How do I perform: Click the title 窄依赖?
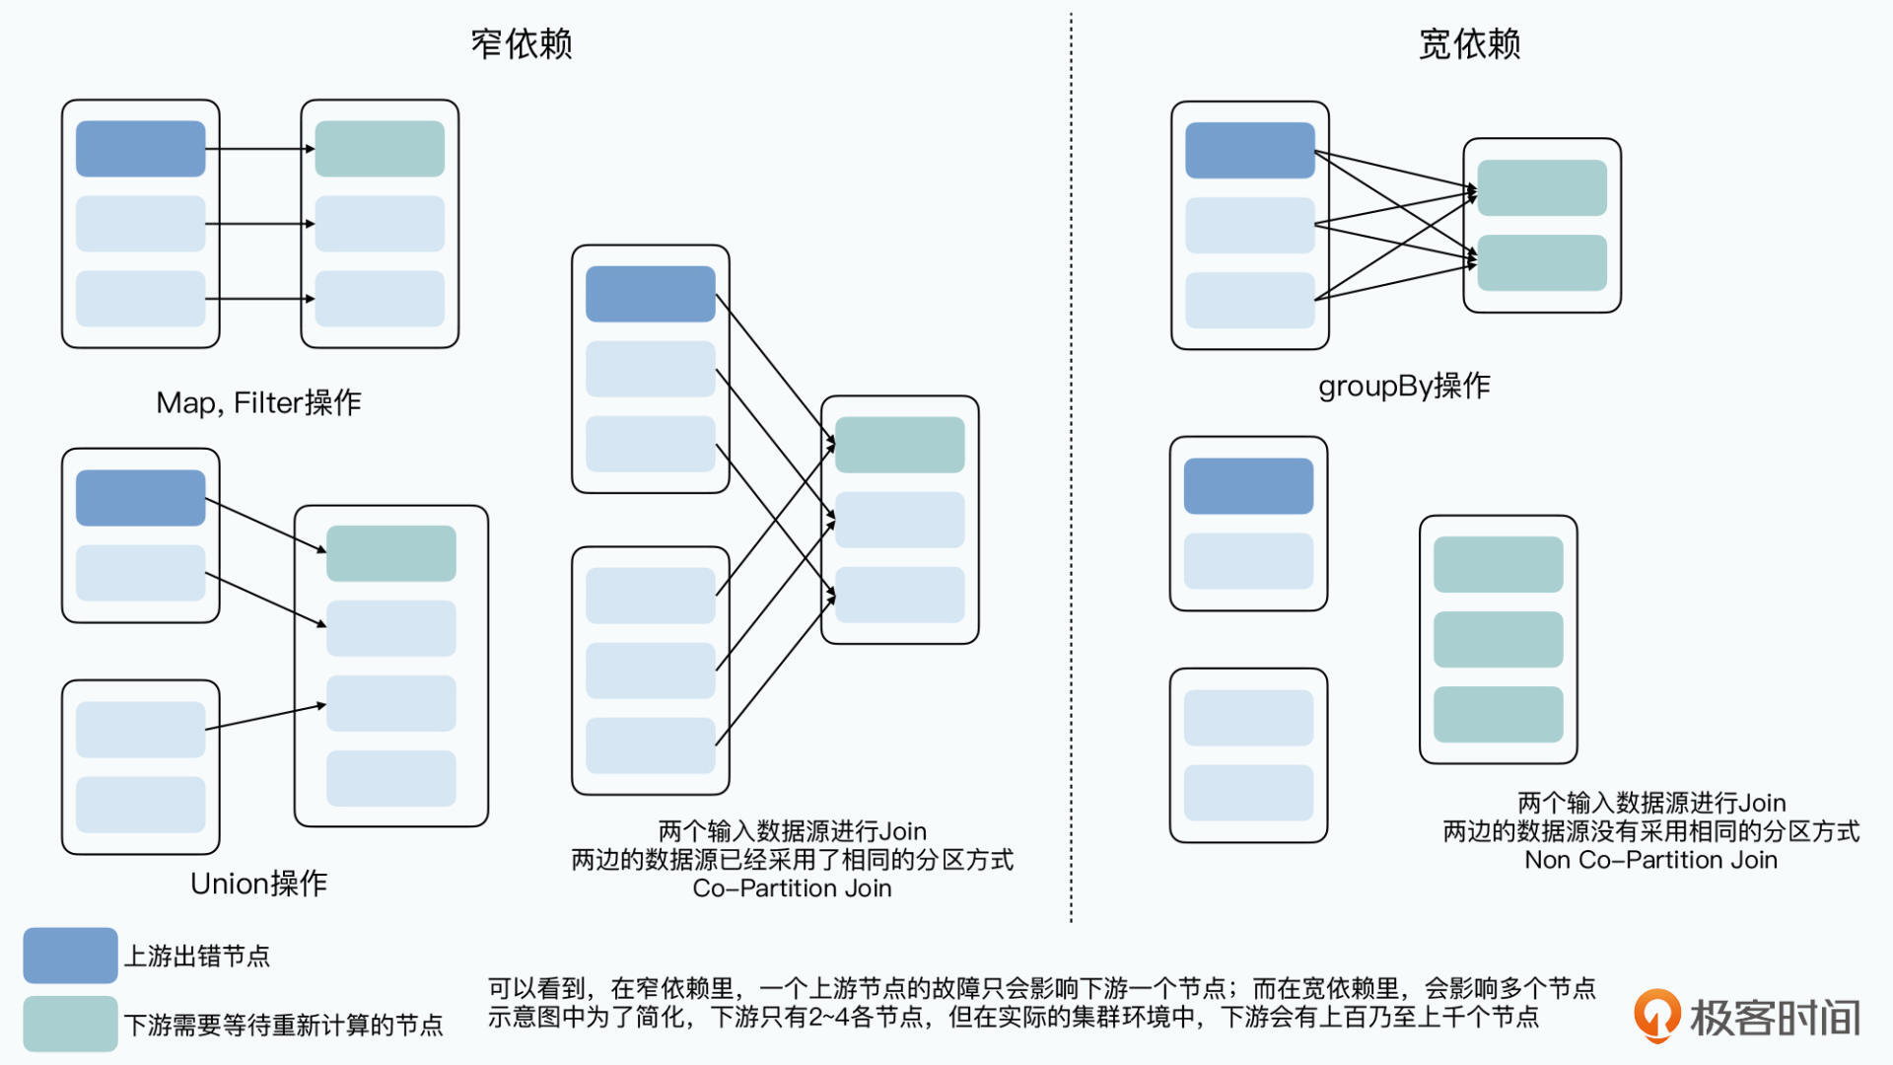coord(521,44)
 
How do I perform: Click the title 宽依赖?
coord(1469,44)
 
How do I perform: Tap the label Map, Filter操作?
coord(258,402)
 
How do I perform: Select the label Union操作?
coord(258,884)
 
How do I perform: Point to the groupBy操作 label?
coord(1404,386)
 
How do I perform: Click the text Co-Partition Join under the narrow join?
coord(792,888)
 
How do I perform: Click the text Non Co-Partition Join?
coord(1650,860)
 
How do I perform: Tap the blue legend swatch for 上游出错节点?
coord(70,955)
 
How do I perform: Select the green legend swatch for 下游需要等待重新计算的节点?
coord(70,1024)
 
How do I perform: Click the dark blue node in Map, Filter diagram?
coord(140,149)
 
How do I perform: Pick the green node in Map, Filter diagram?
coord(380,149)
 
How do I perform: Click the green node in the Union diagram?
coord(390,553)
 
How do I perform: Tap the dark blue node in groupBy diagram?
coord(1249,150)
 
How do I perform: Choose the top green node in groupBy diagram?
coord(1542,187)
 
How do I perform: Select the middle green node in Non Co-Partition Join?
coord(1498,639)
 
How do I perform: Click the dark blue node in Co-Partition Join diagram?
coord(650,294)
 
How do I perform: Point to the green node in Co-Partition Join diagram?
coord(899,445)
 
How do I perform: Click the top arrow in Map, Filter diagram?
coord(259,149)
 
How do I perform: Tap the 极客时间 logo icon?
coord(1656,1016)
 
